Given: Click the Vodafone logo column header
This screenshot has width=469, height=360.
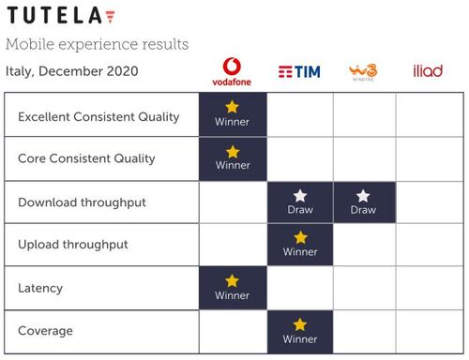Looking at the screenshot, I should click(x=233, y=71).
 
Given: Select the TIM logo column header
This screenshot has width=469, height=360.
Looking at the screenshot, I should click(x=299, y=71).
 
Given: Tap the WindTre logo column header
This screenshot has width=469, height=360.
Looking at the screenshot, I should click(x=363, y=71).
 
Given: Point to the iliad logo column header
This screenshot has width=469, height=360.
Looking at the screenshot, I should click(x=428, y=71).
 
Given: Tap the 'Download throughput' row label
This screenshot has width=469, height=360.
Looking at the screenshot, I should click(x=83, y=202).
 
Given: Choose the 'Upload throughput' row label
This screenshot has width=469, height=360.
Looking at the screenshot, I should click(x=73, y=245).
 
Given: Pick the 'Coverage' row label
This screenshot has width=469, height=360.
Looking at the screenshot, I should click(x=46, y=331).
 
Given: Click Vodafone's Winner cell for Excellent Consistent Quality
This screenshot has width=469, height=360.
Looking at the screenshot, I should click(x=233, y=115).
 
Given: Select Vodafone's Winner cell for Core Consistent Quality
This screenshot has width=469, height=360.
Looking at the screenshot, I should click(x=233, y=158).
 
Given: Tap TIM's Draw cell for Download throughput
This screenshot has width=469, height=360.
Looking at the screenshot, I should click(x=299, y=202).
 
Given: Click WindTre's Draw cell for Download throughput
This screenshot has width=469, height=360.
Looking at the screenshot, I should click(x=363, y=202).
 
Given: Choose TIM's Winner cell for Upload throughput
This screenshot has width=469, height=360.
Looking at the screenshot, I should click(x=299, y=245).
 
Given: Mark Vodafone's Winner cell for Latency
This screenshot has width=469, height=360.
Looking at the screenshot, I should click(x=233, y=288).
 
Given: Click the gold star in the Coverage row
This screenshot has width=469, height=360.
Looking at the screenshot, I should click(x=300, y=324).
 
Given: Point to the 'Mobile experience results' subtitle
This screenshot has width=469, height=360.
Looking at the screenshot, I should click(x=97, y=44).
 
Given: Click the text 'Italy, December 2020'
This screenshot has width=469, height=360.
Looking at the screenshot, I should click(x=71, y=71).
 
